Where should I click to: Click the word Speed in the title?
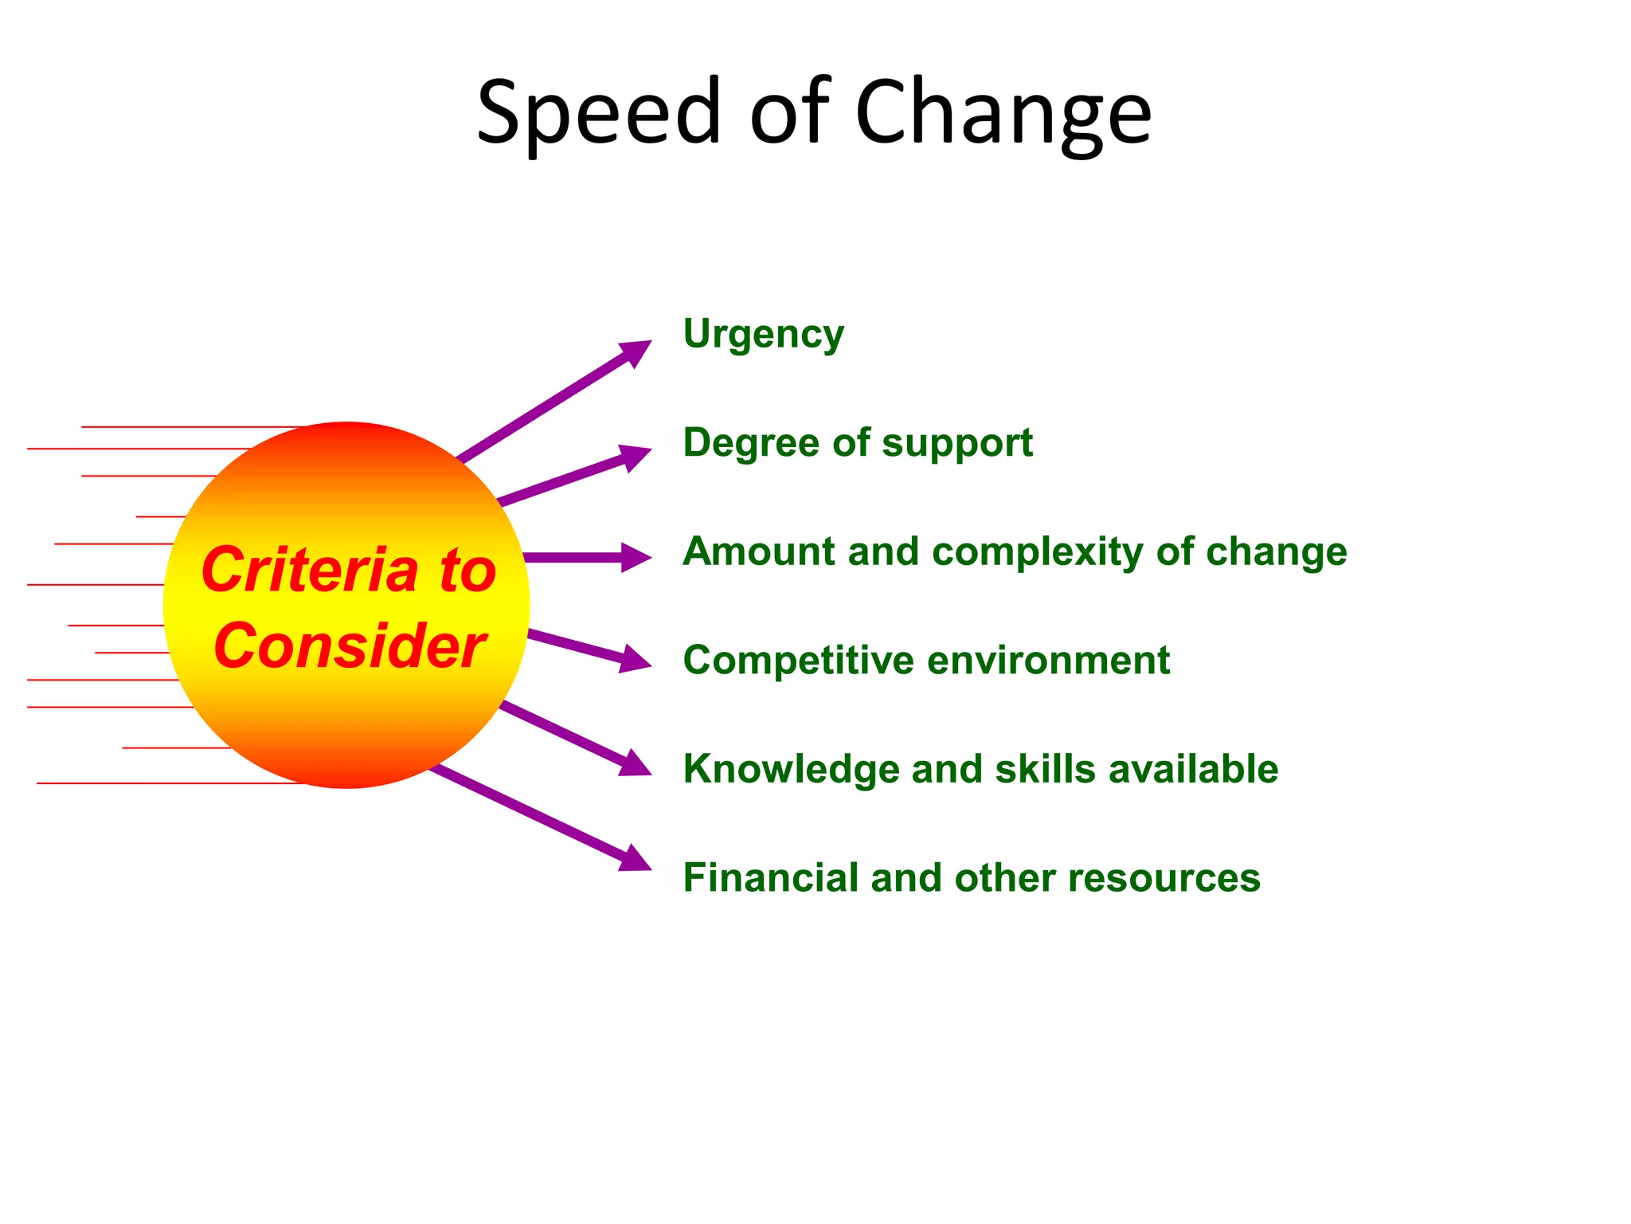point(598,113)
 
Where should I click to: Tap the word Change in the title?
point(1003,113)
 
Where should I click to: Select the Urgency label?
point(763,335)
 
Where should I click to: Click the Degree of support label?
point(857,443)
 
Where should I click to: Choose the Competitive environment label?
point(926,661)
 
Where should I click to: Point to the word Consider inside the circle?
point(349,645)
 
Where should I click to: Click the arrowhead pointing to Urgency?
point(635,351)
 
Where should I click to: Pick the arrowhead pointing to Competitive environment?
point(635,660)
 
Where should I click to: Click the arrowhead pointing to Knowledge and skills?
point(635,764)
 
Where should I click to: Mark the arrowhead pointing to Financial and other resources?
point(635,860)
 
